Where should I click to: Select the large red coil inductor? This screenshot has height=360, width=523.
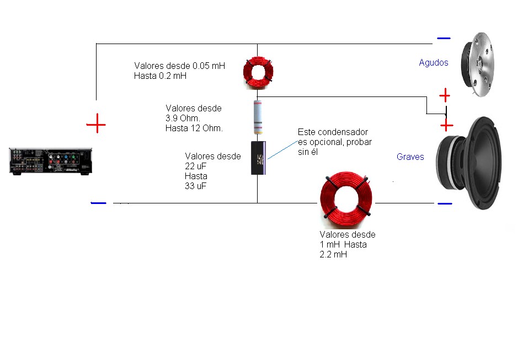pos(346,197)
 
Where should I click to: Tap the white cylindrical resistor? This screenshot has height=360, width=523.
pos(258,117)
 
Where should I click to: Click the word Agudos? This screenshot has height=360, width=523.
pos(433,63)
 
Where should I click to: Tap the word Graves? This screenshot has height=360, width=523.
pos(410,157)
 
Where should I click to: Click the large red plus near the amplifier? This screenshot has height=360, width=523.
pos(96,125)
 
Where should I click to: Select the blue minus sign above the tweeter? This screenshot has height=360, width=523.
pos(443,38)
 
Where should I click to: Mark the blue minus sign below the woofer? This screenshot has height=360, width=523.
pos(445,203)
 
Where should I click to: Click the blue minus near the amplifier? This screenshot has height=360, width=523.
pos(98,203)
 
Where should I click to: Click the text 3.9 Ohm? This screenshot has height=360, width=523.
pos(183,119)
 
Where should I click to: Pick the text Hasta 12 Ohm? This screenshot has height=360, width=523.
pos(194,128)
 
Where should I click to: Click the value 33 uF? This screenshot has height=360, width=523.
pos(196,186)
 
